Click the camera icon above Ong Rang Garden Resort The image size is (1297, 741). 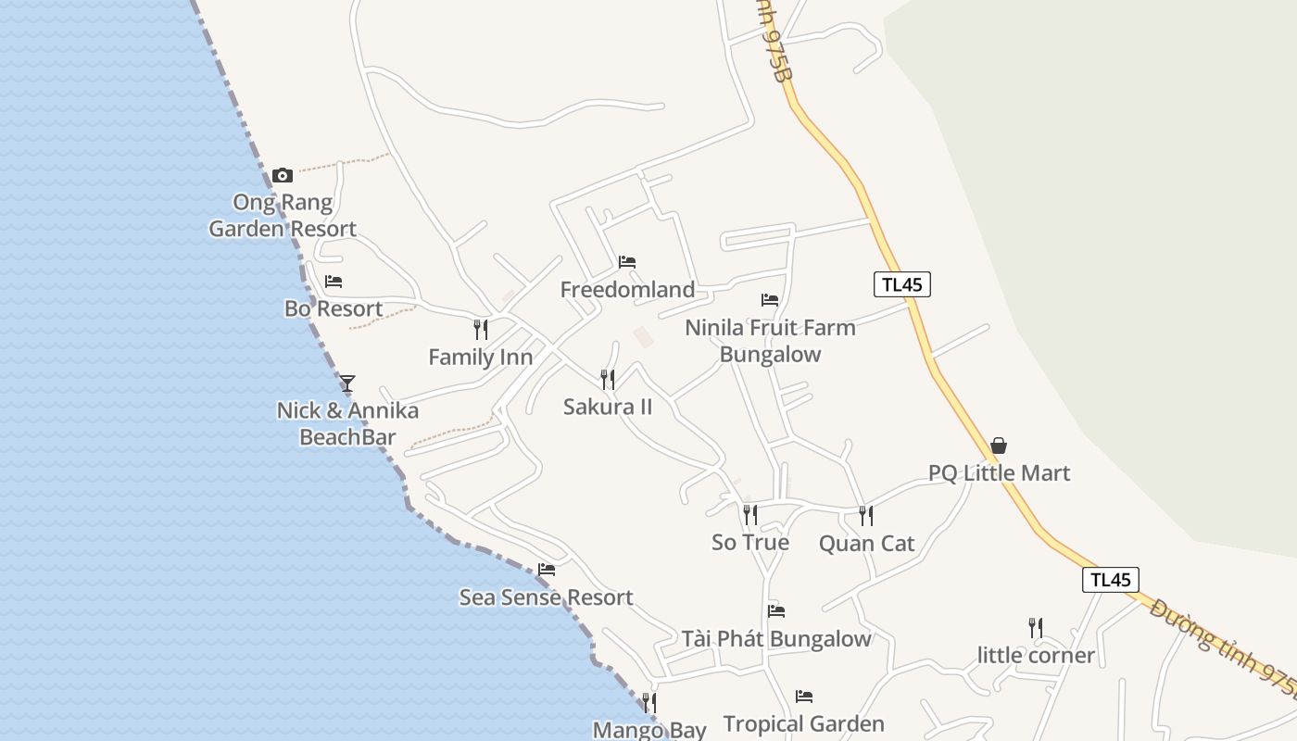pos(283,175)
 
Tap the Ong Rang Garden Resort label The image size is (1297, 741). pos(283,215)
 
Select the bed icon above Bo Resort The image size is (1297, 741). pos(334,282)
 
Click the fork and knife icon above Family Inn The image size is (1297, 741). pos(480,329)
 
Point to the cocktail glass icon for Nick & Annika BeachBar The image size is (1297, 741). pos(347,382)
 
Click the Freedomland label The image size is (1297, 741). pos(627,290)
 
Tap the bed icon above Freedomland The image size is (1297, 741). pos(627,262)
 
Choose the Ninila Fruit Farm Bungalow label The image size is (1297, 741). pos(770,340)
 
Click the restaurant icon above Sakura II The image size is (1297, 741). pos(608,379)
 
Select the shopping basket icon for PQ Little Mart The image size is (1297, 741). pos(999,446)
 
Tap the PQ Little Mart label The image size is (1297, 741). pos(999,473)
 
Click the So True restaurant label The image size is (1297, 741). pos(750,542)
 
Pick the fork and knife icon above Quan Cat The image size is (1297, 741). pos(865,516)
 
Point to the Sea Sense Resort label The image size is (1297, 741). pos(547,597)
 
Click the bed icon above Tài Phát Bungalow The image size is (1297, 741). pos(776,611)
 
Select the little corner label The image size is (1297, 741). pos(1036,656)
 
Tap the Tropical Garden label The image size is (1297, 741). pos(803,723)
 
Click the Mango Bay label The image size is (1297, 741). pos(649,730)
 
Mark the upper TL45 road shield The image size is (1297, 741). pos(901,284)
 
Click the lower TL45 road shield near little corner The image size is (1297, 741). pos(1110,580)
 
